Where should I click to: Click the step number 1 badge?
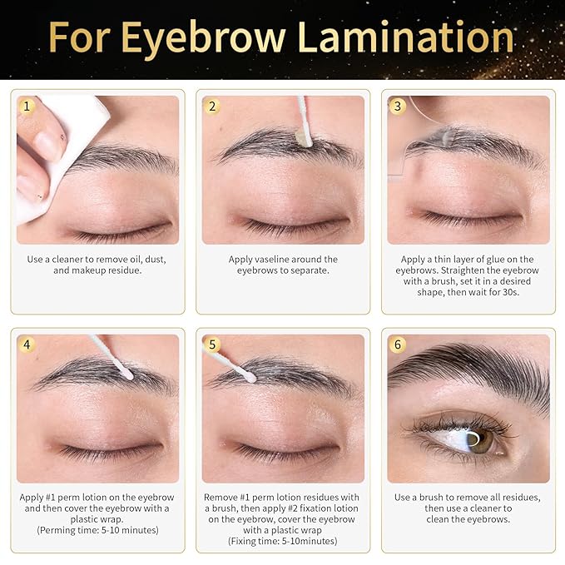pos(27,107)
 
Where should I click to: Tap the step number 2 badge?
pos(212,107)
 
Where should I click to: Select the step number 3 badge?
pos(398,107)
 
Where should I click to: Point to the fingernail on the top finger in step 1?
pos(48,146)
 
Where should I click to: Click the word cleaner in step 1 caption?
pos(79,260)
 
